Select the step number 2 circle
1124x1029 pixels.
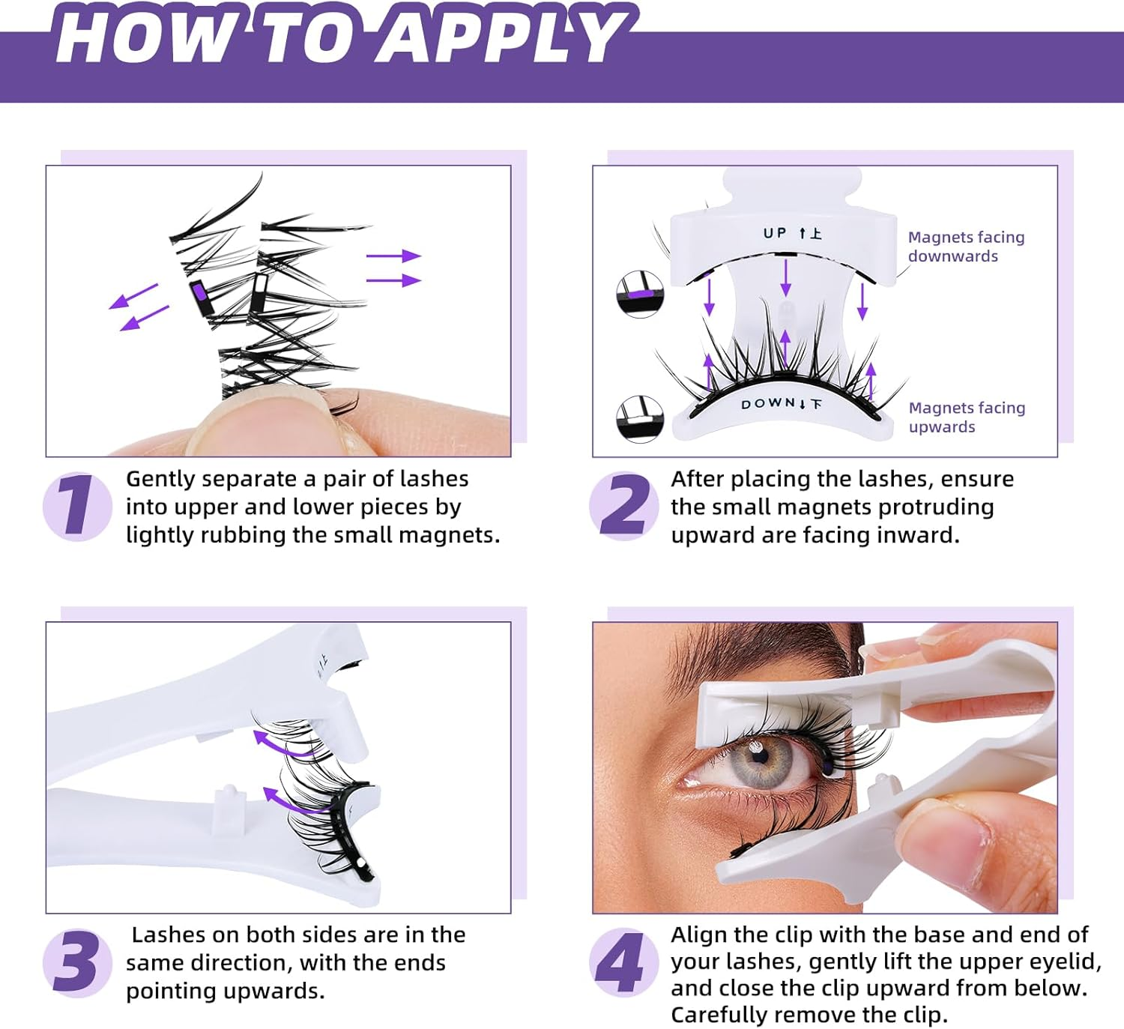(623, 507)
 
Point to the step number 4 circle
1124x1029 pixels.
(622, 962)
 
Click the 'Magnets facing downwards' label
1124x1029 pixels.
(965, 247)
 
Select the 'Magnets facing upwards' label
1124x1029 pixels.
(966, 417)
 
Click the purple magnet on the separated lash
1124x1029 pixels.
(199, 292)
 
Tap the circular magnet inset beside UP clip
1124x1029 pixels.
(640, 295)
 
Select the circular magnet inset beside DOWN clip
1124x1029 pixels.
(640, 418)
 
